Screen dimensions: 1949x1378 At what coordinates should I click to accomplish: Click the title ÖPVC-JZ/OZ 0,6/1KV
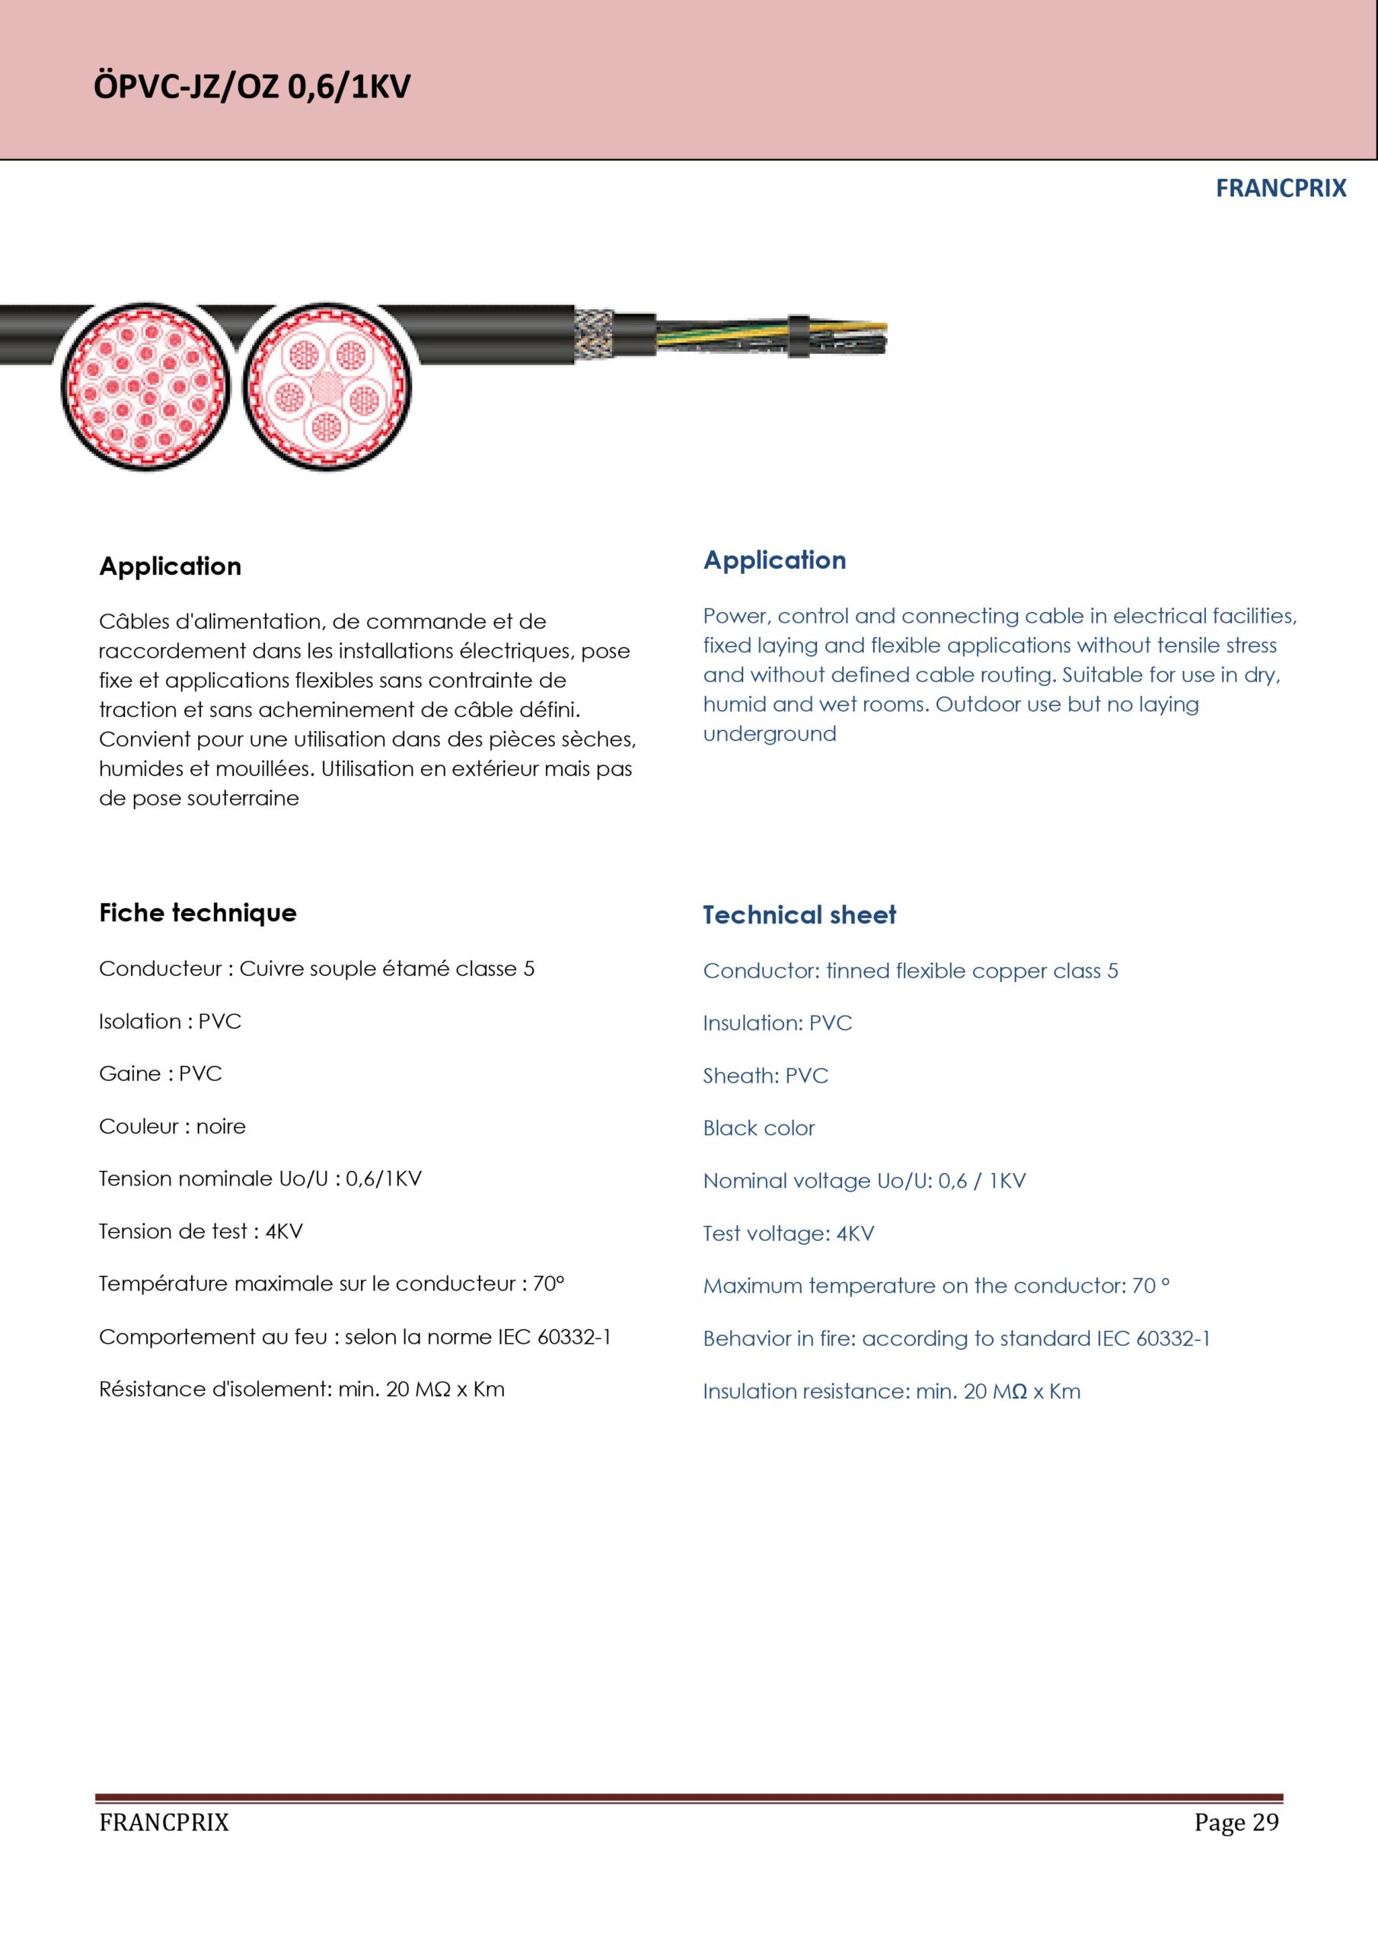[251, 87]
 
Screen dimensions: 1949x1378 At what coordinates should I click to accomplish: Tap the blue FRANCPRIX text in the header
[1281, 189]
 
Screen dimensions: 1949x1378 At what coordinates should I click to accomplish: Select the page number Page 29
[1236, 1822]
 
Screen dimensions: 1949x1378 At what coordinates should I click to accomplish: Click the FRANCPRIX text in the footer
[164, 1823]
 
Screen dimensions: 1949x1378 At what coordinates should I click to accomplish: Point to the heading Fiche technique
[198, 913]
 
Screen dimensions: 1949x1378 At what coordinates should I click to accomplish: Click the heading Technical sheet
[799, 914]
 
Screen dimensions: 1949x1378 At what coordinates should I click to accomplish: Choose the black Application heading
[170, 566]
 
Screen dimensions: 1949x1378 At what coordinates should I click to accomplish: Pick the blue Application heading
[774, 560]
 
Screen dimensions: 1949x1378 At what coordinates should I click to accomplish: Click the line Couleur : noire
[172, 1127]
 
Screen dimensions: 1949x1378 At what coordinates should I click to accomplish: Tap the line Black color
[758, 1128]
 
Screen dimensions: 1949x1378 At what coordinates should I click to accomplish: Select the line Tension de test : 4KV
[200, 1231]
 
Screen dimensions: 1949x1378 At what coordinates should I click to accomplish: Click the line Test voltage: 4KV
[788, 1233]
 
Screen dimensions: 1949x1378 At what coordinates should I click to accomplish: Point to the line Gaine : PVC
[161, 1073]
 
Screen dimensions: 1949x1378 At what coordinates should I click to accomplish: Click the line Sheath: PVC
[765, 1076]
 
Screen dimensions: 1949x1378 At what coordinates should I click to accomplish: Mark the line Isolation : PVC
[170, 1021]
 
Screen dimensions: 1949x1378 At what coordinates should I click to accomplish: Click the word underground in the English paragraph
[769, 733]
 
